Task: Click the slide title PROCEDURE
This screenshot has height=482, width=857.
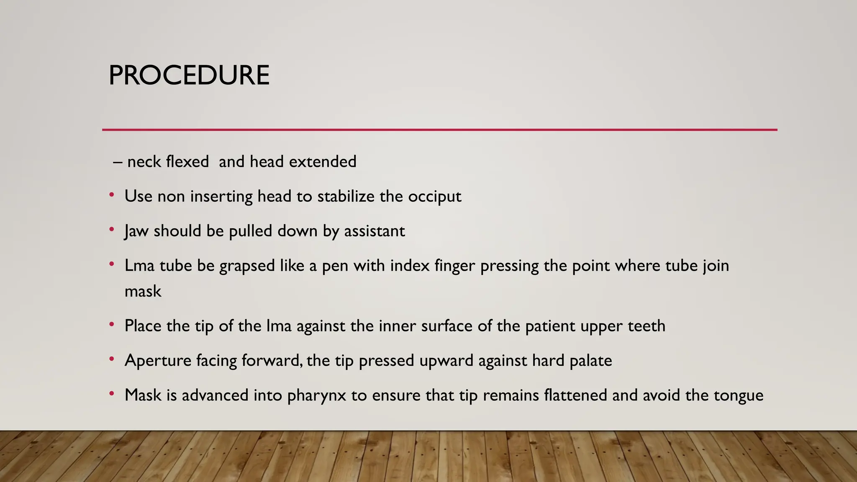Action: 189,75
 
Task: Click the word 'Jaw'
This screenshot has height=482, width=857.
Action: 136,231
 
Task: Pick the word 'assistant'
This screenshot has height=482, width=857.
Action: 374,231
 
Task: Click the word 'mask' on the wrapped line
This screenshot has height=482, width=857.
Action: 143,291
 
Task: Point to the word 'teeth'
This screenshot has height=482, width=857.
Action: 647,326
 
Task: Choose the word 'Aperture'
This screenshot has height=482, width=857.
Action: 158,361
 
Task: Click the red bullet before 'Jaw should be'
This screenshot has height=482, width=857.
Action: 111,229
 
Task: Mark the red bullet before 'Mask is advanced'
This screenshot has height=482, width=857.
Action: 111,394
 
